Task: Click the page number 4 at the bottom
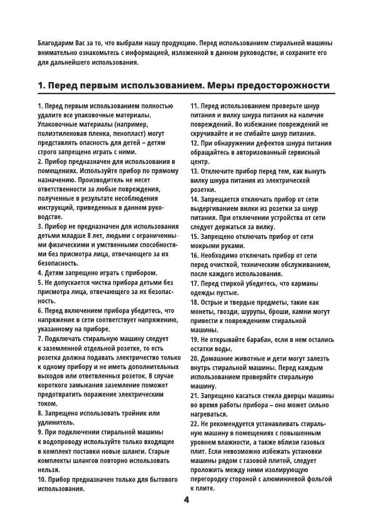pos(186,500)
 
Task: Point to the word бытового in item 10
pos(162,479)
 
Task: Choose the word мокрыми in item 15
pos(205,246)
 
